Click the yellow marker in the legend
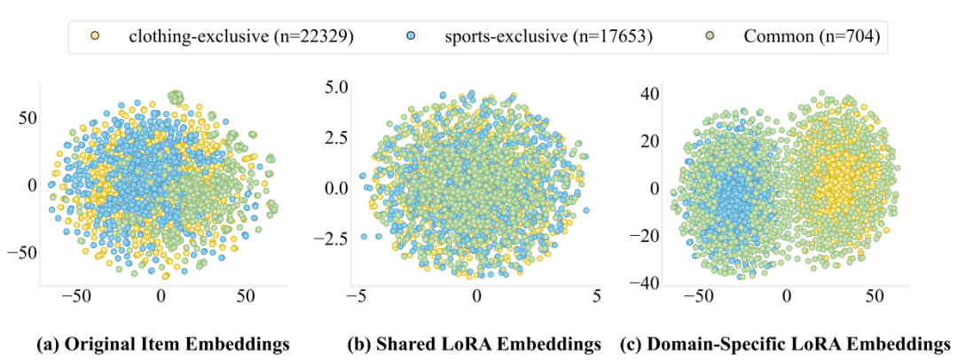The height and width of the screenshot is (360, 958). [x=95, y=36]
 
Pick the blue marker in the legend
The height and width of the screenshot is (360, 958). [x=411, y=36]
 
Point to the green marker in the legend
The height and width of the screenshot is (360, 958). [x=709, y=36]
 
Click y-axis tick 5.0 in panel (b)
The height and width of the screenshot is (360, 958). [x=338, y=88]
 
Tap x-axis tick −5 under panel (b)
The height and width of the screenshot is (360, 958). [x=357, y=295]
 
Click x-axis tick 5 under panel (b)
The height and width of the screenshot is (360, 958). [x=596, y=295]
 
